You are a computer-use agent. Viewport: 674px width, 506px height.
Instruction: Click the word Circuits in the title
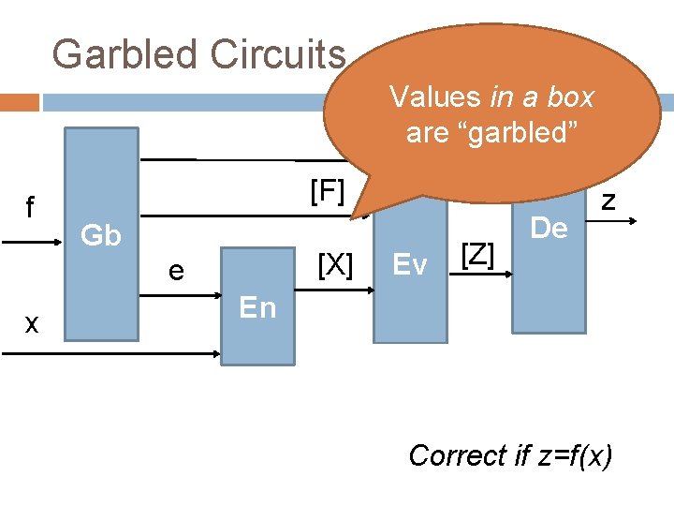[x=278, y=54]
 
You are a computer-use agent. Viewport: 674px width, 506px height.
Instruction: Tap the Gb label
[x=101, y=236]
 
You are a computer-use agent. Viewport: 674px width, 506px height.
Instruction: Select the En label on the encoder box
[x=258, y=307]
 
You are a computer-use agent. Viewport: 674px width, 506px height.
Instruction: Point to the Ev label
[x=410, y=265]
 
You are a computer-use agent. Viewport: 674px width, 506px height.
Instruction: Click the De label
[x=549, y=228]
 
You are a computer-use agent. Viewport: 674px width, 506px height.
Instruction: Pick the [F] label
[x=328, y=192]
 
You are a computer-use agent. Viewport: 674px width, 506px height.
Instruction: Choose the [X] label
[x=334, y=265]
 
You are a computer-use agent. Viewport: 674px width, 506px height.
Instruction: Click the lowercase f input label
[x=30, y=206]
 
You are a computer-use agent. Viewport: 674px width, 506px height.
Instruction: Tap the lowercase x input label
[x=32, y=324]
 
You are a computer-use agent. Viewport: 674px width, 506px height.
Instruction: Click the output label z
[x=608, y=200]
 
